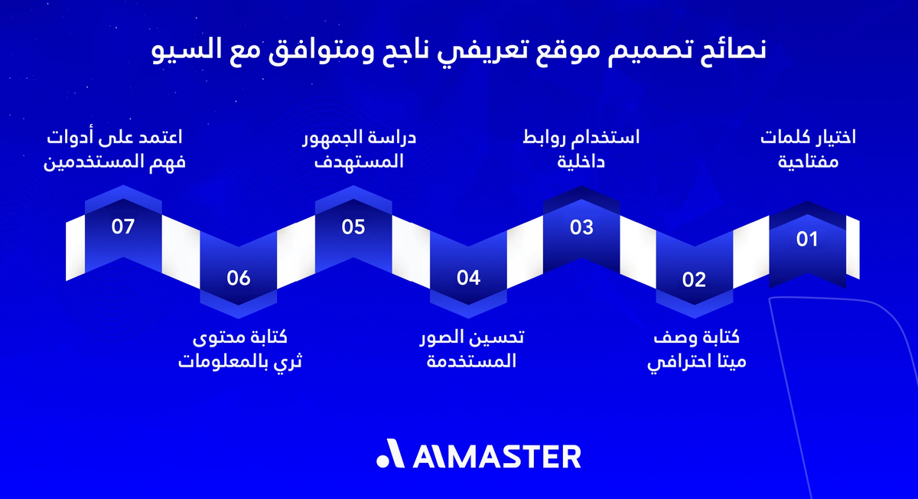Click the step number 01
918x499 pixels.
click(x=807, y=240)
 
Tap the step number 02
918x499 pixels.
click(x=694, y=279)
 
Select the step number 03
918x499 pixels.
click(x=581, y=227)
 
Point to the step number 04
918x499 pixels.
click(x=468, y=278)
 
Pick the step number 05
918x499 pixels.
click(x=353, y=227)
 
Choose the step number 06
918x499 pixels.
click(x=239, y=278)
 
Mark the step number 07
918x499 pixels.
click(x=122, y=227)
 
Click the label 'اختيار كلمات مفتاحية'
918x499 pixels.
click(x=807, y=150)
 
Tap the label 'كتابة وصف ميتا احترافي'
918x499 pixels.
click(x=697, y=350)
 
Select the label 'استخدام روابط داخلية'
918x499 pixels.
click(x=581, y=150)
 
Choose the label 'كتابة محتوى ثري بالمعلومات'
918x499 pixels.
click(x=240, y=350)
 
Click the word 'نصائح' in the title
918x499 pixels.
click(x=734, y=52)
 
